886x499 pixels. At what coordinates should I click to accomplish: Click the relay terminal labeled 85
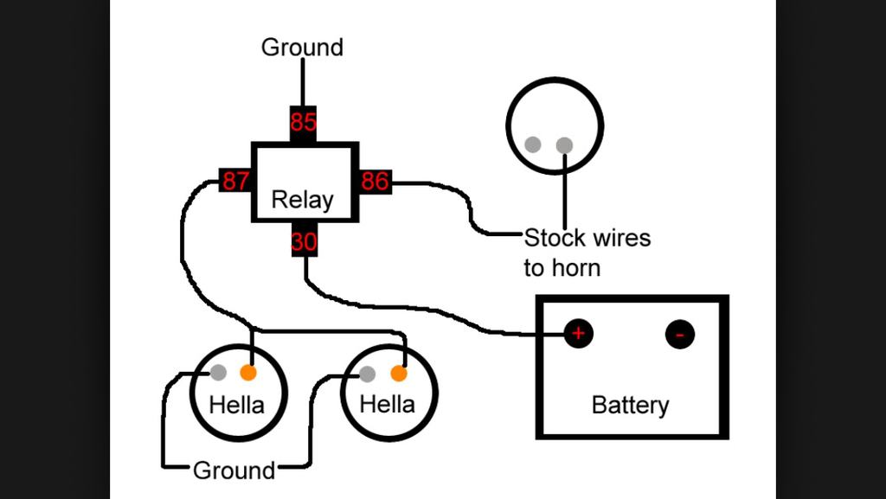(303, 123)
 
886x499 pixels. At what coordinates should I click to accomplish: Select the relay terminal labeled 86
(375, 182)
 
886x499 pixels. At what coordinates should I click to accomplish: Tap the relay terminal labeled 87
(235, 182)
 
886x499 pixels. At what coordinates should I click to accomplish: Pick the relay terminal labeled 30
(303, 242)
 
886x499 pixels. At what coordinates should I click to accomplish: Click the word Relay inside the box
(302, 201)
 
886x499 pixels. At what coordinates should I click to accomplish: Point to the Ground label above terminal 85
(302, 47)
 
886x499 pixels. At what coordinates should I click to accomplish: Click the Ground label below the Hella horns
(234, 470)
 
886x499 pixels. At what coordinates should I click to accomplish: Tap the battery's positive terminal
(579, 334)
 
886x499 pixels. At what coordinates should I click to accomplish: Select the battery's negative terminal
(680, 334)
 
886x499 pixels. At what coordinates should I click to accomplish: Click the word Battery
(630, 405)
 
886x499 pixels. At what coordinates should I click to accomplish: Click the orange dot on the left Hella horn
(248, 374)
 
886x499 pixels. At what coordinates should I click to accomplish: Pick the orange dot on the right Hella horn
(399, 374)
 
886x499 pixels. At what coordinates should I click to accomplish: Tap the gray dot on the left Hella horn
(219, 374)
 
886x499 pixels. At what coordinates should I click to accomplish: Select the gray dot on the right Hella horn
(368, 374)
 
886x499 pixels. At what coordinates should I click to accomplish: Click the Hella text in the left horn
(236, 404)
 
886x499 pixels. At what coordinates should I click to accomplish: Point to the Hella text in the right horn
(387, 404)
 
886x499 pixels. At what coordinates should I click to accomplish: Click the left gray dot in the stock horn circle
(534, 145)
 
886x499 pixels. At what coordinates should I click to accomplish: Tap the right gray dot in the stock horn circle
(564, 145)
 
